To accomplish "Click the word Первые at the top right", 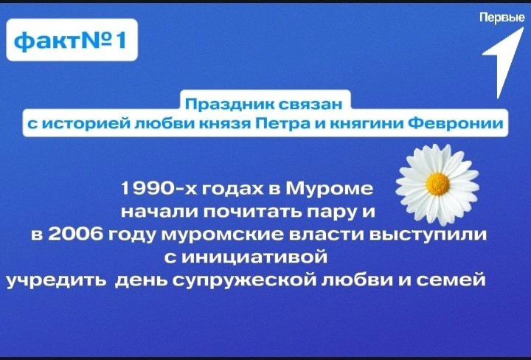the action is (x=502, y=18).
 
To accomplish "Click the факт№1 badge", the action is (x=72, y=40).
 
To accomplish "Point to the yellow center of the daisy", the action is (x=437, y=184).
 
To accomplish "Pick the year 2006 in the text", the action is (x=74, y=235).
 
